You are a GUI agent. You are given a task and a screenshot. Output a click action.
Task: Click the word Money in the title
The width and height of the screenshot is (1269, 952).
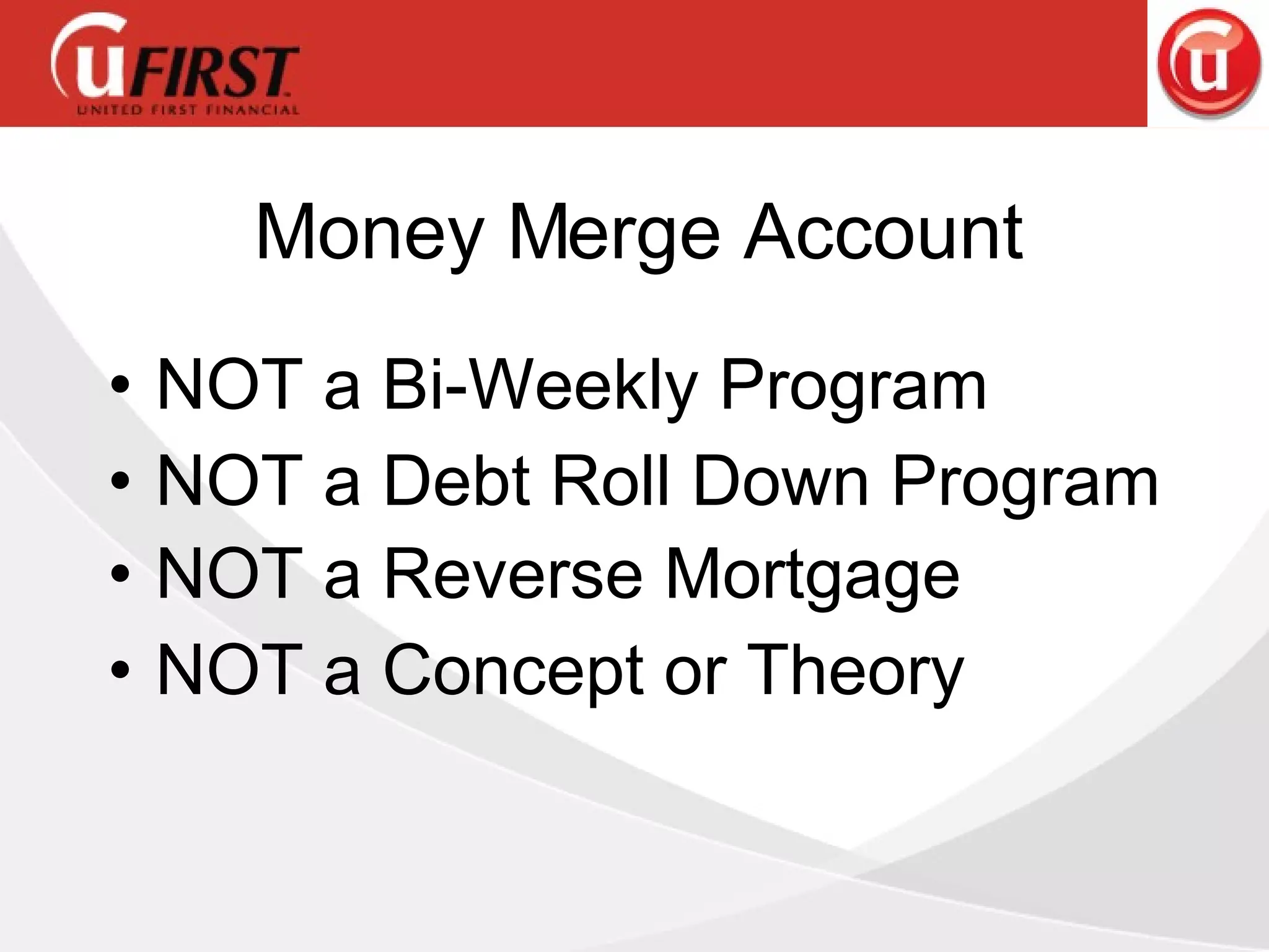tap(369, 232)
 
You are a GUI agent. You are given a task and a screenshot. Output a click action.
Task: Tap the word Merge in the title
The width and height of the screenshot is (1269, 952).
tap(613, 232)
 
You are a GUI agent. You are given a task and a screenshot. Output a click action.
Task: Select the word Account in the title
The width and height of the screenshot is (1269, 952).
tap(883, 232)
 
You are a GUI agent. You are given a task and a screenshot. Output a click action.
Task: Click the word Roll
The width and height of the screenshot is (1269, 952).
tap(610, 481)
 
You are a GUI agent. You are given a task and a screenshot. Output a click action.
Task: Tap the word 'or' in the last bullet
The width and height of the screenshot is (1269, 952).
tap(695, 672)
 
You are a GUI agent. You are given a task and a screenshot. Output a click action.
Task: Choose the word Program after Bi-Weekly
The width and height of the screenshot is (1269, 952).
tap(853, 388)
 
